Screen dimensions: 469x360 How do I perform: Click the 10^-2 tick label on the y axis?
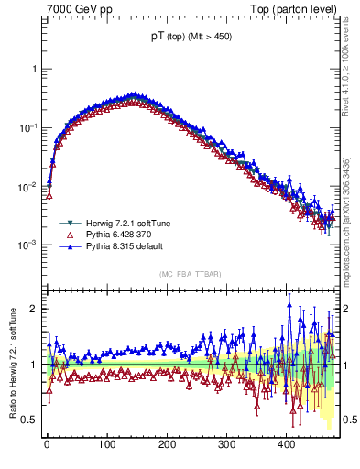(x=27, y=187)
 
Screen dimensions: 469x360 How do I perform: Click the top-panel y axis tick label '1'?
(x=33, y=70)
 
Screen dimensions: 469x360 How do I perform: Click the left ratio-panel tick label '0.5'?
(x=29, y=420)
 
